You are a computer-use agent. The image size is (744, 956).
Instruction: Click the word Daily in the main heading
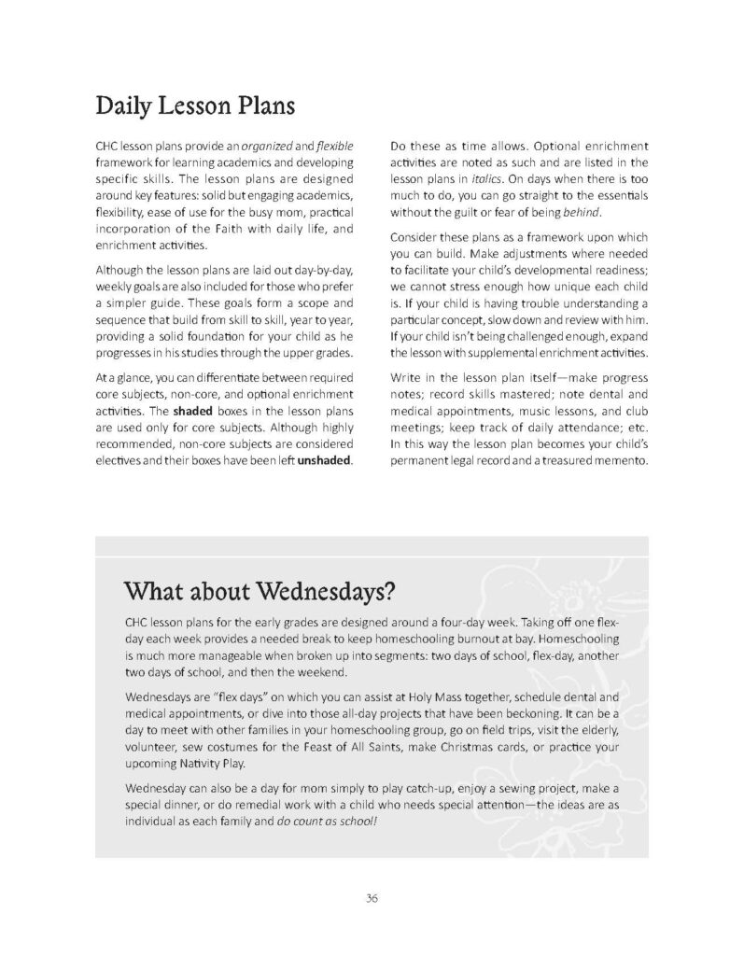[x=127, y=105]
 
